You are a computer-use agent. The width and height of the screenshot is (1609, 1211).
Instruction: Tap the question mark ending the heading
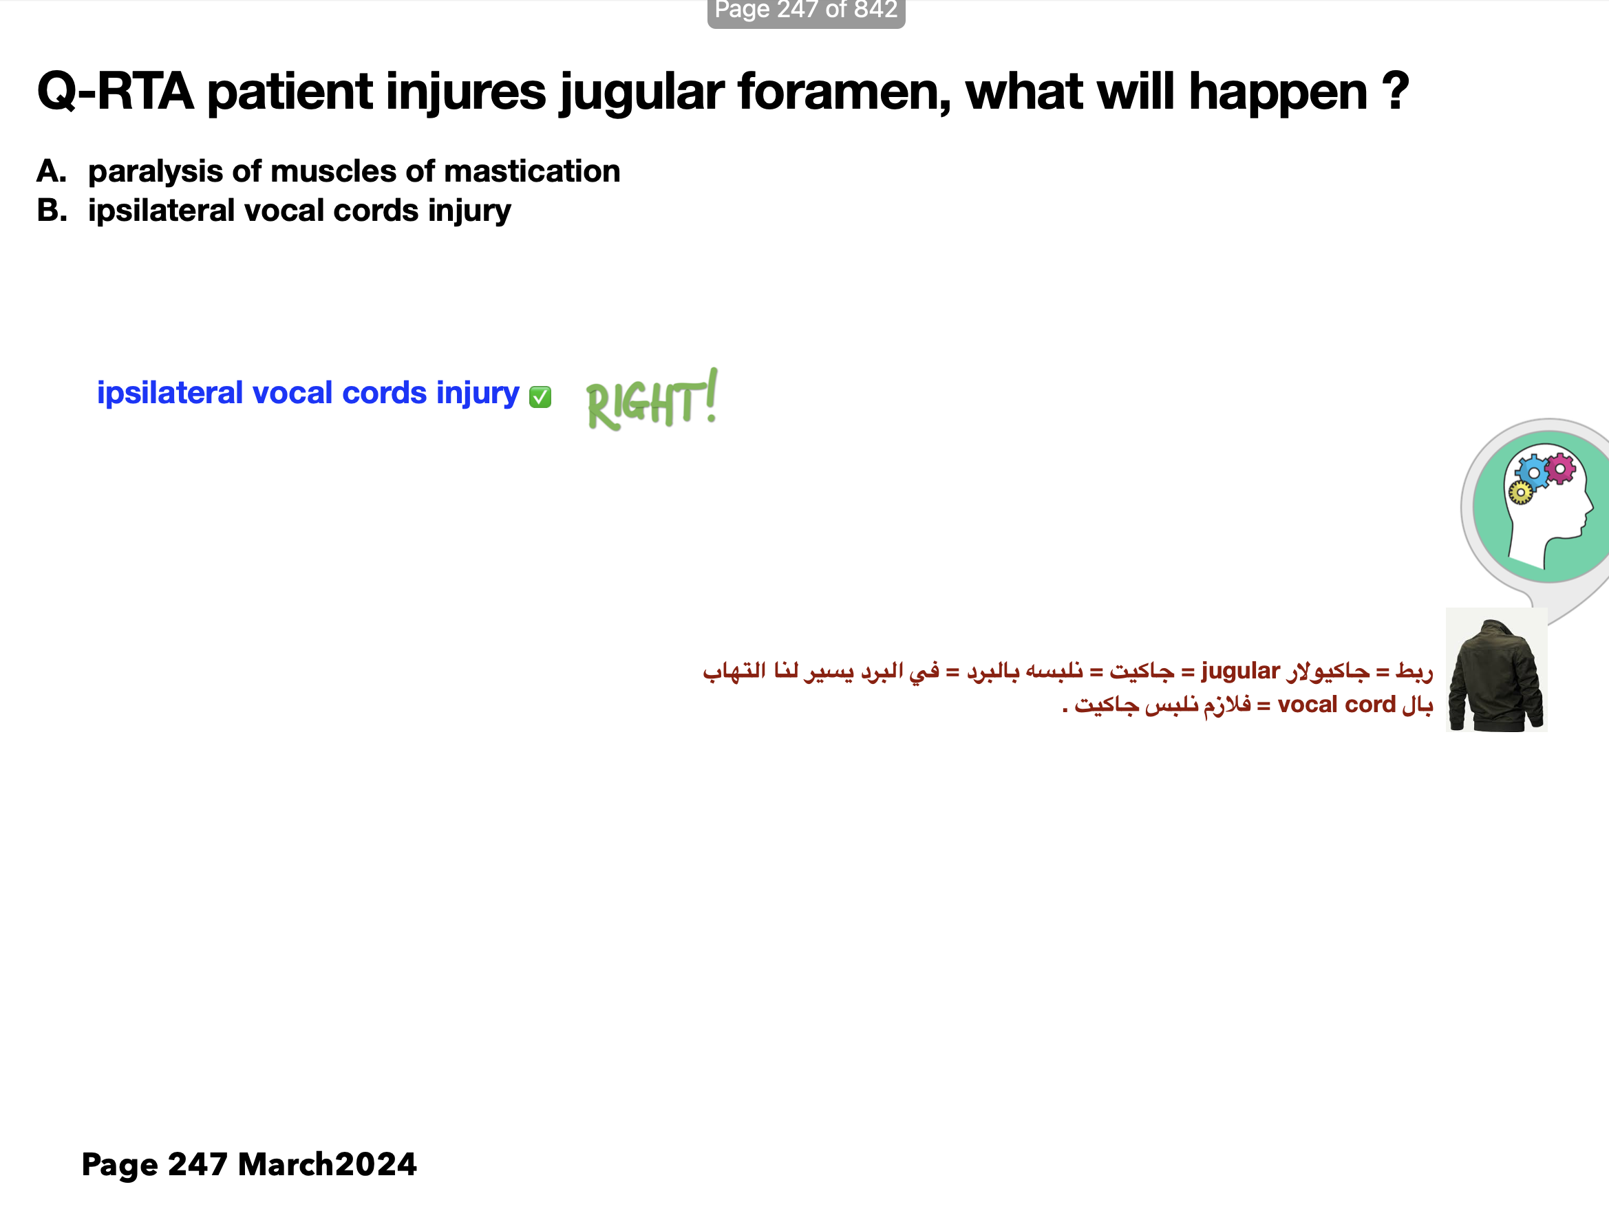click(x=1394, y=92)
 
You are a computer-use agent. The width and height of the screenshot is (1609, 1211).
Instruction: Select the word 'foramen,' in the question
click(x=844, y=92)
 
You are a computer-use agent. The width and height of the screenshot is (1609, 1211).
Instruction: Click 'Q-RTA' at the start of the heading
click(x=116, y=92)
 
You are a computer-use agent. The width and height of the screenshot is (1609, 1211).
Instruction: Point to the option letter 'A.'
click(x=52, y=171)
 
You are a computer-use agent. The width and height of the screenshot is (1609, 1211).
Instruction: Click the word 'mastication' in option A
click(x=532, y=171)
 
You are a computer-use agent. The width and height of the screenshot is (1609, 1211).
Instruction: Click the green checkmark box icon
click(x=540, y=397)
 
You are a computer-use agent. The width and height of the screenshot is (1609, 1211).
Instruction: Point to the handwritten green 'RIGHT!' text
click(x=652, y=400)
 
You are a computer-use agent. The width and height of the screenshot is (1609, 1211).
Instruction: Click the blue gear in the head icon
click(x=1533, y=473)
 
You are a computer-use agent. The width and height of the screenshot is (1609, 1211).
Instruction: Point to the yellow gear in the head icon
click(x=1520, y=493)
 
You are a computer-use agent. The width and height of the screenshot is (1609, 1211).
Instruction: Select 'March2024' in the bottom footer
click(x=328, y=1164)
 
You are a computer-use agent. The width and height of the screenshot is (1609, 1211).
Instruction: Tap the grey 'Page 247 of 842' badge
click(x=806, y=12)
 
